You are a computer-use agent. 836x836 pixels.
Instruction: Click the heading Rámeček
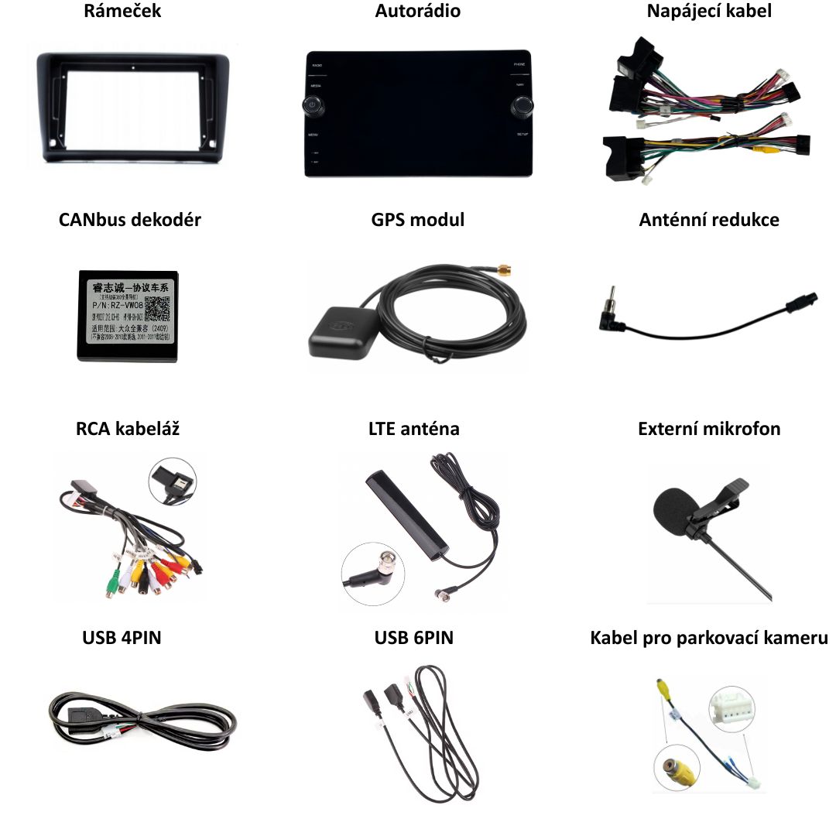tap(122, 12)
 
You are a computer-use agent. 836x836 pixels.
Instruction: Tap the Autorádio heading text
tap(417, 12)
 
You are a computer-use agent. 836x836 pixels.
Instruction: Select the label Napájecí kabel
tap(709, 12)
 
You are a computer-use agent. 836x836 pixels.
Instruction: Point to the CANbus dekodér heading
tap(130, 220)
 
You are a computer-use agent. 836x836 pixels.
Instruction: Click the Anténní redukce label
tap(709, 220)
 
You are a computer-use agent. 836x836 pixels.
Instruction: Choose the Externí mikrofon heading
tap(709, 429)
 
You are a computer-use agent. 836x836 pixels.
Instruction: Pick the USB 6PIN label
tap(414, 638)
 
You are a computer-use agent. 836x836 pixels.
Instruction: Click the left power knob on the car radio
tap(311, 105)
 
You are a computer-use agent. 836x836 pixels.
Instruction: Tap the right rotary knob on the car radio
tap(521, 105)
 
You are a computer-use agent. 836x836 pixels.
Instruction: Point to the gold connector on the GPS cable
tap(504, 270)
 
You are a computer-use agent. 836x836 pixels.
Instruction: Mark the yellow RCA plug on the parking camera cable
tap(663, 687)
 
